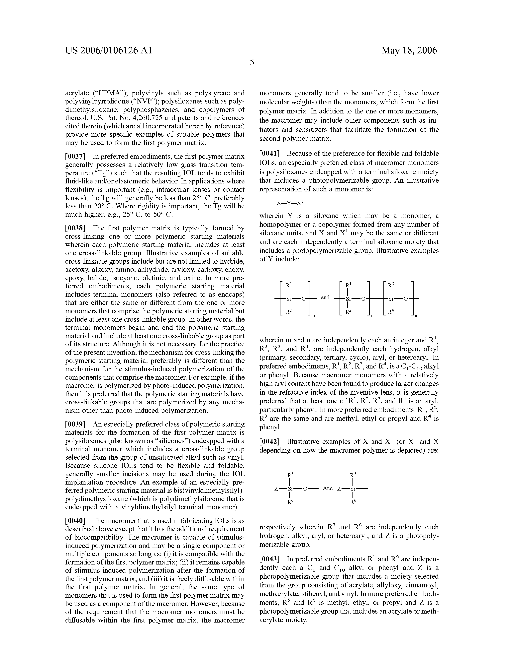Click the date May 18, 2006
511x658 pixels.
(409, 50)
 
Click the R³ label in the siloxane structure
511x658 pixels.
(391, 285)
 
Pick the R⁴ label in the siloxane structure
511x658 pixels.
(391, 312)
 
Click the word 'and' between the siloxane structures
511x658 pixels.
(325, 298)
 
